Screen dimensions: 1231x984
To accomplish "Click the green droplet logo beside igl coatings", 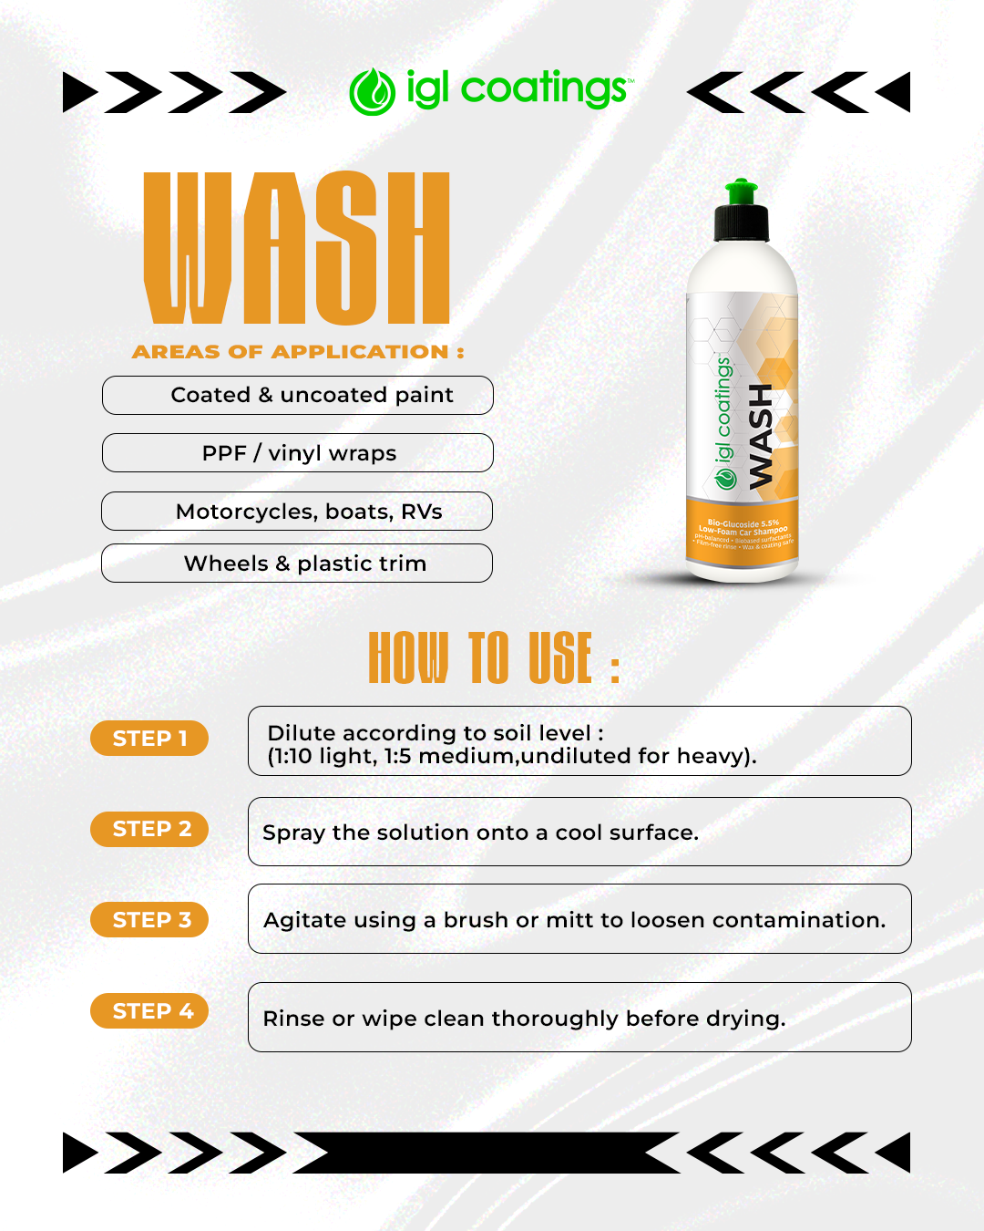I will (372, 92).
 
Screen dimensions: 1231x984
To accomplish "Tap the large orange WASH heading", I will (297, 247).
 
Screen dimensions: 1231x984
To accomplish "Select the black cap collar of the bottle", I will (742, 222).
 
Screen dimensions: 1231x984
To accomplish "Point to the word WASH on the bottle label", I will (761, 435).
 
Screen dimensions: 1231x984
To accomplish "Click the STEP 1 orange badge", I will (149, 739).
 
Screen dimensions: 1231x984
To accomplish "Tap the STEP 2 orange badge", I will (149, 829).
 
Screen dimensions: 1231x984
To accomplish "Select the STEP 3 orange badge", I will (149, 920).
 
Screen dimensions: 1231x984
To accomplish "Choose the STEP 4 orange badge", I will (149, 1011).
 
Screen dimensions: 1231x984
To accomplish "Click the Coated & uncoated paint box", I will (298, 396).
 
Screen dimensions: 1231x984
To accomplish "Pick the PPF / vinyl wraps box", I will (298, 453).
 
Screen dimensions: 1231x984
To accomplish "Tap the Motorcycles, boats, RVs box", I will (297, 512).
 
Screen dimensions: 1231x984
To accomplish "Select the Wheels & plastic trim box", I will (297, 564).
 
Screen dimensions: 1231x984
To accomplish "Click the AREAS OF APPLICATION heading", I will (298, 352).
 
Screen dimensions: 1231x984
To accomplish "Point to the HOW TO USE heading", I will (493, 657).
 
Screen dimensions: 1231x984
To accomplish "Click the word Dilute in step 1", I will (301, 733).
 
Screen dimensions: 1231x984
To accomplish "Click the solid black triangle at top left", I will (78, 92).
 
